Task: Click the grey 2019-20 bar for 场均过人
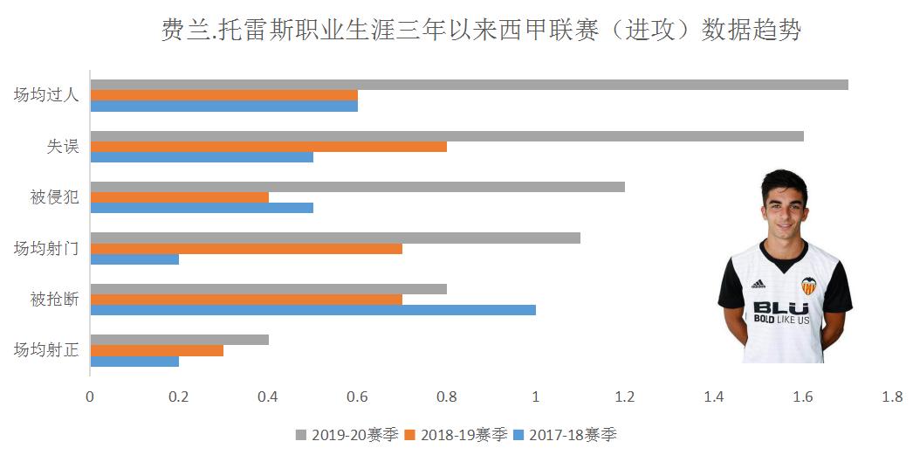(469, 85)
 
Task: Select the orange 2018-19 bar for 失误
(268, 147)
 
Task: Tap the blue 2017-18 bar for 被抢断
(312, 310)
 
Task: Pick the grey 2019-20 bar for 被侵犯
(357, 187)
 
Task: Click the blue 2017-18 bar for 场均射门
(134, 259)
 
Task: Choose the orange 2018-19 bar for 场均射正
(156, 350)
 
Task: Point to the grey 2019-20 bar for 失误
(446, 136)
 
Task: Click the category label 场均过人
(46, 95)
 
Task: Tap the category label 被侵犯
(54, 197)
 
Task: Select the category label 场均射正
(46, 351)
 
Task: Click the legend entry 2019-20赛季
(347, 435)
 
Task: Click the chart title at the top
(482, 31)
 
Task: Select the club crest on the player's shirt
(809, 286)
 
